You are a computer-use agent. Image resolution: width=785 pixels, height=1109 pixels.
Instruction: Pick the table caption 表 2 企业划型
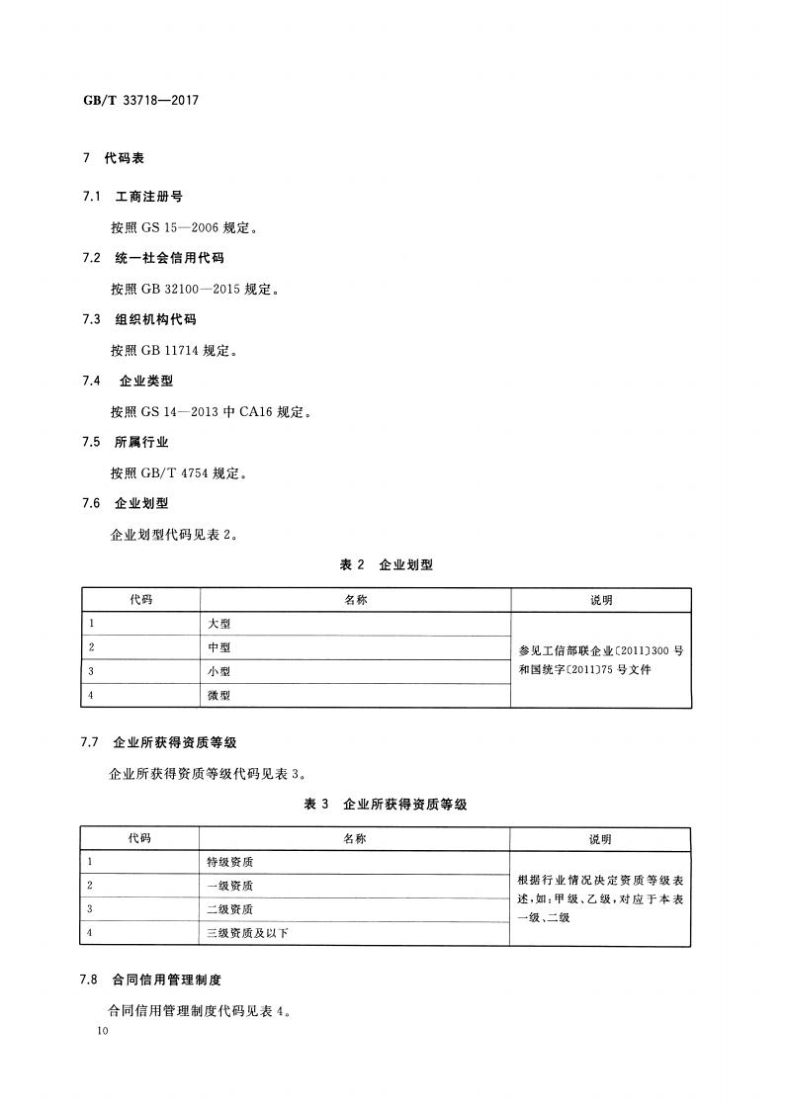coord(387,565)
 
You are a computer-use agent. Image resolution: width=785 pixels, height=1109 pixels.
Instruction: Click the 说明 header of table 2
coord(601,601)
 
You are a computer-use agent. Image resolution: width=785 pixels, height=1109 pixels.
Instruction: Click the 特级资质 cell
coord(229,862)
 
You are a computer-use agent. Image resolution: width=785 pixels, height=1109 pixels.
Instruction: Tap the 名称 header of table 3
coord(355,839)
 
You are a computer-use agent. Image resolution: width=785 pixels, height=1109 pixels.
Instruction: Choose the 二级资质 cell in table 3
coord(229,909)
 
